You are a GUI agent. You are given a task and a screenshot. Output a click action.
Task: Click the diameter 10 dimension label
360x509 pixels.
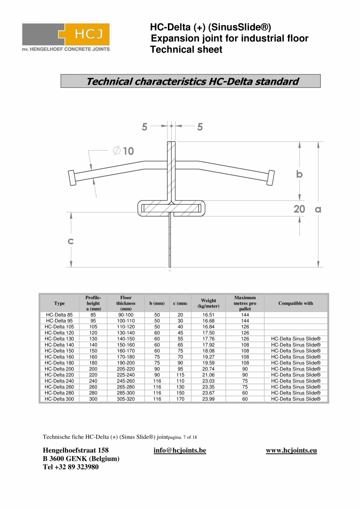click(x=123, y=151)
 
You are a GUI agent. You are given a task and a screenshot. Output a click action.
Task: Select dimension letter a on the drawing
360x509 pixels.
click(x=318, y=209)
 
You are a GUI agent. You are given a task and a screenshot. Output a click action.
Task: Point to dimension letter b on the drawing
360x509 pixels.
click(x=299, y=174)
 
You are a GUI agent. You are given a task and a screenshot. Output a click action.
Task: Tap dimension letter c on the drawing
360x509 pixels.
click(x=70, y=241)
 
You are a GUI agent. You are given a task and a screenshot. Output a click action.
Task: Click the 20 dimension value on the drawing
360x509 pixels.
click(x=299, y=209)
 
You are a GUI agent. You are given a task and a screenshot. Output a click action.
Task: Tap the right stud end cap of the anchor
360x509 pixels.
click(x=271, y=177)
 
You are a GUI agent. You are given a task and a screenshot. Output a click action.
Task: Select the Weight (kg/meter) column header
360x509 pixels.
click(x=208, y=303)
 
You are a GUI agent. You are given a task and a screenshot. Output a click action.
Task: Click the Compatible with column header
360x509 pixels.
click(x=295, y=303)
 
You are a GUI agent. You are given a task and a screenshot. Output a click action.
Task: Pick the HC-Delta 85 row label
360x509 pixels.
click(x=59, y=315)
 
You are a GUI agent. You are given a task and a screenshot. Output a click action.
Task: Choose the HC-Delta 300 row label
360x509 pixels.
click(x=59, y=399)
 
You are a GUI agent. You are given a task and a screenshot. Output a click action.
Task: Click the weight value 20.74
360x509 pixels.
click(x=208, y=369)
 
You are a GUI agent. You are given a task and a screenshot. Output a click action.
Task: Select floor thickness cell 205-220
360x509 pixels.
click(x=126, y=369)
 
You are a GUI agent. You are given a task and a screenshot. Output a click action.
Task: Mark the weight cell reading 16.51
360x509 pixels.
click(x=208, y=315)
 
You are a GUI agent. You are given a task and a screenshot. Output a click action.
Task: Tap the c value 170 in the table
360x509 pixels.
click(x=180, y=399)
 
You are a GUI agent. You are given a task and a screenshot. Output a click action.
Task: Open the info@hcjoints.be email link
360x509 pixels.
click(x=180, y=450)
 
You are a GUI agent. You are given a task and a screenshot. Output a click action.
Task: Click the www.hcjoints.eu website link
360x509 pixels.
click(x=291, y=450)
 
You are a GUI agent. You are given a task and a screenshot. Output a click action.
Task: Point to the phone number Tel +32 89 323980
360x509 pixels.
click(x=70, y=467)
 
